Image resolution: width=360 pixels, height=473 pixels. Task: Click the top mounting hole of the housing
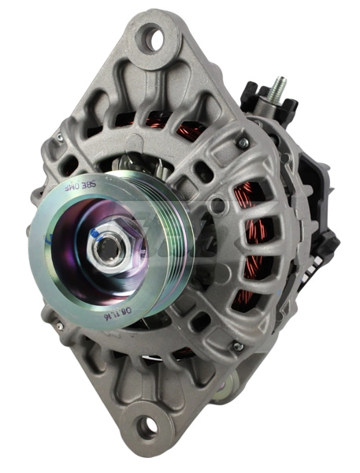click(150, 36)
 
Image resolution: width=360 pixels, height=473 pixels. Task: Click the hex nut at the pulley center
click(106, 248)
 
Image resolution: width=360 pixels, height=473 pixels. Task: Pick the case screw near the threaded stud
click(244, 142)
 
